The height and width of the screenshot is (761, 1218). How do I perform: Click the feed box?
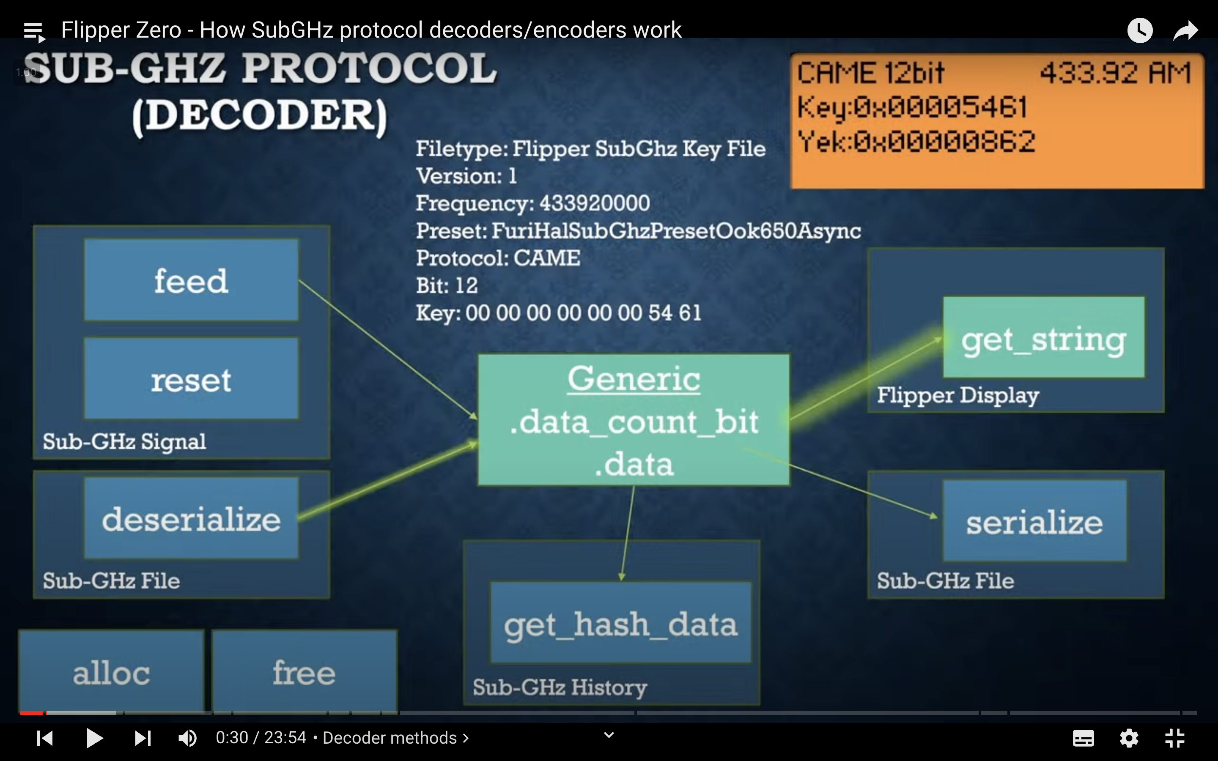coord(191,280)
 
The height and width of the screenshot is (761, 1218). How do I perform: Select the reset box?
coord(191,378)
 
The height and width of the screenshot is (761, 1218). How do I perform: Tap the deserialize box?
coord(191,518)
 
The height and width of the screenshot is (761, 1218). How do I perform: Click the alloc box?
coord(111,672)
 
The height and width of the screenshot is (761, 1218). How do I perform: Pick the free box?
coord(304,672)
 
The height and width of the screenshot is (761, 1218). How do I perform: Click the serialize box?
coord(1034,521)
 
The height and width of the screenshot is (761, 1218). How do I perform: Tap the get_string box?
coord(1043,338)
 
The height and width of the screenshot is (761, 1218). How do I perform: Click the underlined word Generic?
coord(634,379)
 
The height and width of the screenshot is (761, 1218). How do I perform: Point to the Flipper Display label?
coord(958,395)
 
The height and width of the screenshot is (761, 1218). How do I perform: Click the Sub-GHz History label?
coord(560,687)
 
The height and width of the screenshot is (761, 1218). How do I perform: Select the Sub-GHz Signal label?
coord(124,441)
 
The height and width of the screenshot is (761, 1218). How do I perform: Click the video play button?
coord(94,738)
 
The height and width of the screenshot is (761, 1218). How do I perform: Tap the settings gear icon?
coord(1129,738)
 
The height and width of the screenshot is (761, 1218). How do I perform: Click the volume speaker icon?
coord(188,738)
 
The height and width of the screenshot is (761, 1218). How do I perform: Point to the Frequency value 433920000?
coord(594,203)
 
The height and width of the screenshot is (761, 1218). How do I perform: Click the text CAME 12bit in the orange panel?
coord(871,74)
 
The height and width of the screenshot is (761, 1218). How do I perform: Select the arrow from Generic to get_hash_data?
coord(628,534)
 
